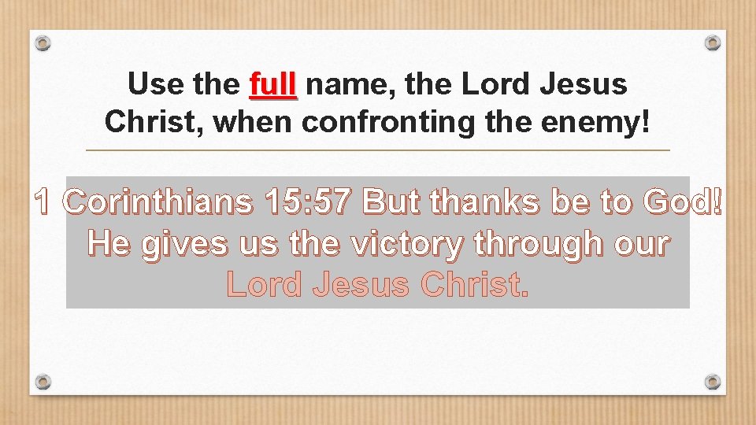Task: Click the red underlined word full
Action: click(x=272, y=84)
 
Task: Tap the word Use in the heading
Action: click(x=154, y=84)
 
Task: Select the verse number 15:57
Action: click(x=308, y=203)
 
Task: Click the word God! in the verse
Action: click(x=683, y=203)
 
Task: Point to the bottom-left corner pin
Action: click(x=44, y=382)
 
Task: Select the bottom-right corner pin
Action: click(x=712, y=382)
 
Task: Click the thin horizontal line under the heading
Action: click(x=377, y=150)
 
